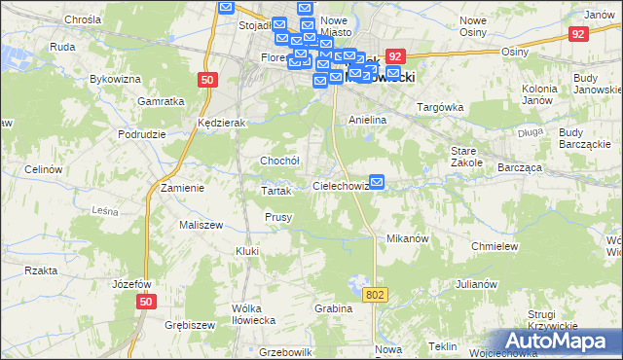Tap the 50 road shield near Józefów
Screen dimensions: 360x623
[145, 304]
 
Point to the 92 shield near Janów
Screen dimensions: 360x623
[578, 34]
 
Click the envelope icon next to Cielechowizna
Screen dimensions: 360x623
[378, 181]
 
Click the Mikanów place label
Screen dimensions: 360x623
[408, 238]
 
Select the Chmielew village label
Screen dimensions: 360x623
[493, 246]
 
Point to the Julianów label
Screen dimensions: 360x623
[476, 285]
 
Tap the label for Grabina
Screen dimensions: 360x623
[333, 308]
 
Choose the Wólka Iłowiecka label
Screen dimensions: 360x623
[253, 313]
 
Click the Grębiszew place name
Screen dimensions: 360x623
[189, 324]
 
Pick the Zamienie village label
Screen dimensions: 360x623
[182, 188]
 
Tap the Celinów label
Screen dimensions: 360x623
[43, 169]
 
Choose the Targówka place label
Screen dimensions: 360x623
[437, 106]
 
